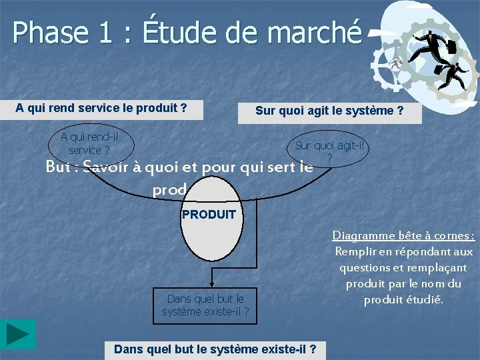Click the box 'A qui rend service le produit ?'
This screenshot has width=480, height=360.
[x=101, y=108]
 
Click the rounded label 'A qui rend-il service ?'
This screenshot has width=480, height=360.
[x=89, y=143]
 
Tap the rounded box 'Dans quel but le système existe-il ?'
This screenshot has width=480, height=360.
[x=205, y=305]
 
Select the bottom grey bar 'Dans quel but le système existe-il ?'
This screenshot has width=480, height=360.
[x=215, y=349]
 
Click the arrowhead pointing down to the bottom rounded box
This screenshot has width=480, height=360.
[x=212, y=280]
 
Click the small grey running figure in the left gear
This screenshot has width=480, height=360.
[x=395, y=65]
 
